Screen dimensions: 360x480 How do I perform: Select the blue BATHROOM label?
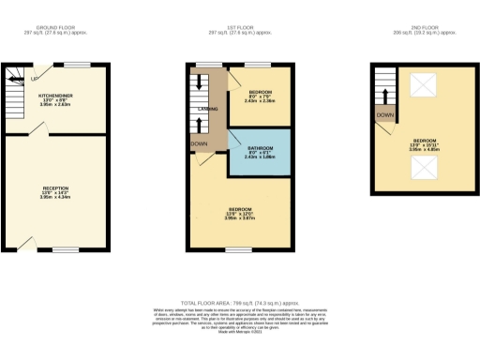259,148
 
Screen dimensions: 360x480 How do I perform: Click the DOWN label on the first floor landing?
199,143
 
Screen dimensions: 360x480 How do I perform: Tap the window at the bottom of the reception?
64,249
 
